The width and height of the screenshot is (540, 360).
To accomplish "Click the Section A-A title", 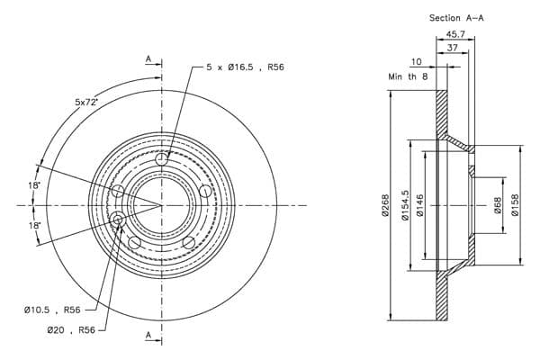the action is [x=456, y=18].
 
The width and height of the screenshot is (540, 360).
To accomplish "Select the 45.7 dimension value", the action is [x=455, y=34].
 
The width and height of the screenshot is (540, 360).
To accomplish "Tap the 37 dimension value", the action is [x=452, y=48].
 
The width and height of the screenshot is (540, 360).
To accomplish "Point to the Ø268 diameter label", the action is [x=385, y=205].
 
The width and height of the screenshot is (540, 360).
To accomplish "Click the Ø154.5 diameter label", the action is [x=405, y=205].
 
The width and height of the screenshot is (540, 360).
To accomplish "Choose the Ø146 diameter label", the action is [x=419, y=205].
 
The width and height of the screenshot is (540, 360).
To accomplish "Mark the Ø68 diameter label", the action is [x=498, y=205].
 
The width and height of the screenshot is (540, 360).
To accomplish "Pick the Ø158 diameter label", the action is [x=515, y=205].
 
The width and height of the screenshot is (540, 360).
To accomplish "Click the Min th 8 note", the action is [x=408, y=76].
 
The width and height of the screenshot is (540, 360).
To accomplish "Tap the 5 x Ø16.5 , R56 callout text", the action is [x=245, y=67].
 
